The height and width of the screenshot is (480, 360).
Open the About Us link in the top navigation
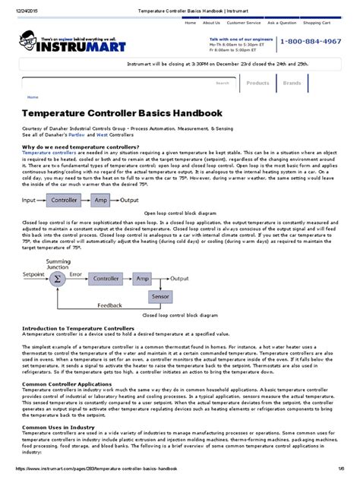(x=211, y=23)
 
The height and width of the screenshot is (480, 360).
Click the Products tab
(x=258, y=83)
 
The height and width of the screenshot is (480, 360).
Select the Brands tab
(x=292, y=83)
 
